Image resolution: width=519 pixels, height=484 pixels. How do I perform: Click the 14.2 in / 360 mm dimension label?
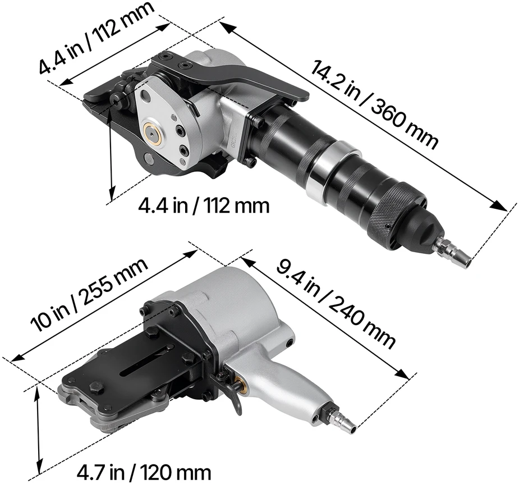coord(374,104)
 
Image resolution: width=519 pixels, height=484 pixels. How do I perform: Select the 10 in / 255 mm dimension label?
coord(89,295)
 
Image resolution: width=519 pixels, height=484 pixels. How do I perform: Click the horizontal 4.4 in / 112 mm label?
coord(204,206)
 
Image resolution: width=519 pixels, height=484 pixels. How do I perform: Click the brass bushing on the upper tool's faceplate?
coord(153,131)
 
